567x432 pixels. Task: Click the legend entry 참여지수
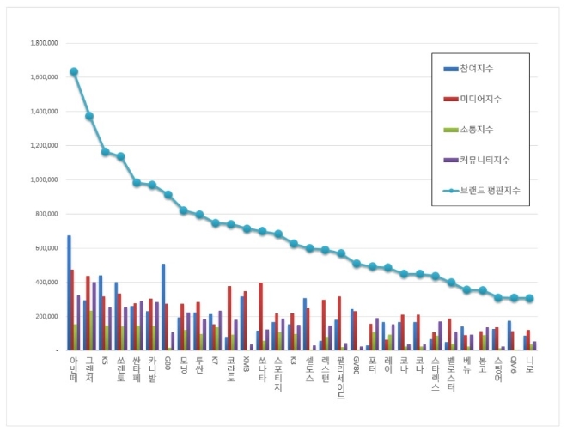(477, 68)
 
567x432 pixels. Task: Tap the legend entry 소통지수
(477, 129)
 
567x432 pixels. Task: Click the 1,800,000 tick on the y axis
(43, 42)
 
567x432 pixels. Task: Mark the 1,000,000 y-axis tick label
(43, 179)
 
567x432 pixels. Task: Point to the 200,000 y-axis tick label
(46, 316)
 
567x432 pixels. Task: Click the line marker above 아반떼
(74, 72)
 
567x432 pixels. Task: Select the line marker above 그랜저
(89, 116)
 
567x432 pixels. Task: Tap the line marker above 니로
(530, 299)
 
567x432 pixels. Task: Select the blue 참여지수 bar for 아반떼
(69, 293)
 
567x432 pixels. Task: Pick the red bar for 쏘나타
(260, 316)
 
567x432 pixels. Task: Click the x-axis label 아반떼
(74, 371)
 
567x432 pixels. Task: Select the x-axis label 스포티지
(276, 374)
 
